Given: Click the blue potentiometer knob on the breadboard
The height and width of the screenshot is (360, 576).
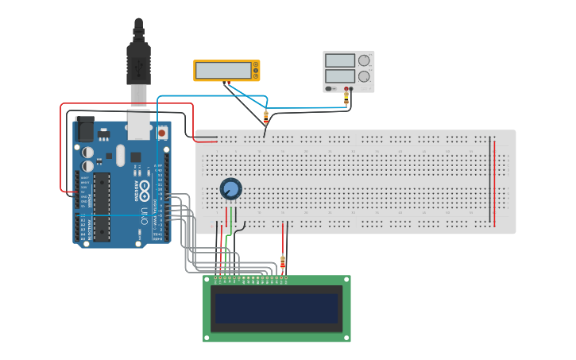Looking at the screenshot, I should point(230,189).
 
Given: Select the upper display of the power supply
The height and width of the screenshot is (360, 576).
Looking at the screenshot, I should point(339,60).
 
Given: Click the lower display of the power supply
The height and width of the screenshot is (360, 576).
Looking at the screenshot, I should point(339,76).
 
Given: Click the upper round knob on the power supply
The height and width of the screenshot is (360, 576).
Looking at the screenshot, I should point(364,60).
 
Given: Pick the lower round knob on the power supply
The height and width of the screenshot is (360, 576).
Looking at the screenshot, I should point(364,76).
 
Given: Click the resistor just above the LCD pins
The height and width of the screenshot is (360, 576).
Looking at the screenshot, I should point(284,261).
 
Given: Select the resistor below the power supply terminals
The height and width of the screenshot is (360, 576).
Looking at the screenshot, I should point(346,99).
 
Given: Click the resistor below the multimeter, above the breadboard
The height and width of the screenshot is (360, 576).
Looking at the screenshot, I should point(265,116).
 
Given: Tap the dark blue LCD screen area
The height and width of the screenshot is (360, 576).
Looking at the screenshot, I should point(276,308).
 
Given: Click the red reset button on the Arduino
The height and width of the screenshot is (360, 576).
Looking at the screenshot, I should point(163,133).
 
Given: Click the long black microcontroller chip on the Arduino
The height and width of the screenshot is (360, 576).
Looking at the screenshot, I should point(102,204).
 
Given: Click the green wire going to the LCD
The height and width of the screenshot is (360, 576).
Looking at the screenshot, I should point(226,254).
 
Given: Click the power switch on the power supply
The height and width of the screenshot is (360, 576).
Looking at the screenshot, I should point(329,88).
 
